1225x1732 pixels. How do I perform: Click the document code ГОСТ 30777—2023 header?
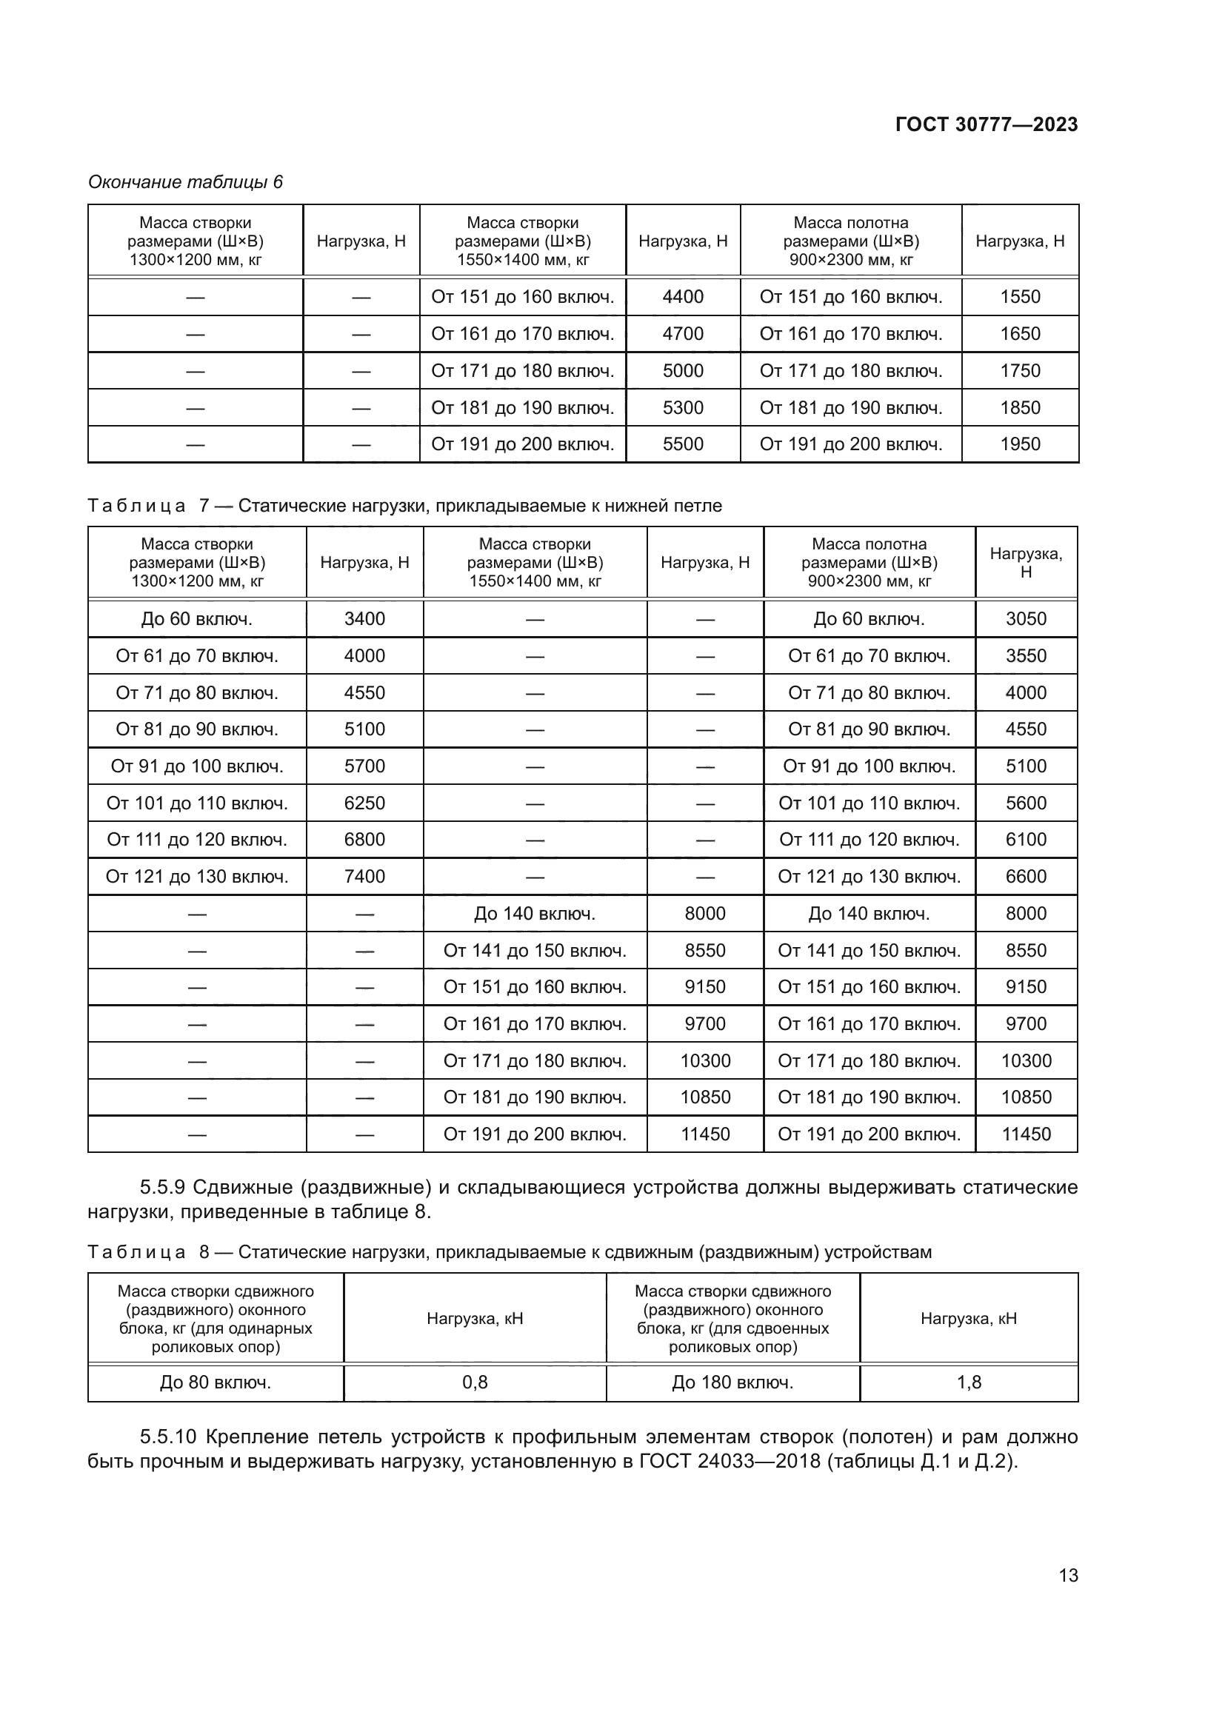tap(986, 124)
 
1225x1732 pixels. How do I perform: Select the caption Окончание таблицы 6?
tap(186, 182)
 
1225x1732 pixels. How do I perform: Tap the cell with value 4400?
tap(683, 296)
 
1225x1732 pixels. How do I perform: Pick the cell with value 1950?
tap(1020, 444)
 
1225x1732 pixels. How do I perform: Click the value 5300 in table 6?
tap(683, 407)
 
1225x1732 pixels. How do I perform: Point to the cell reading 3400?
tap(364, 618)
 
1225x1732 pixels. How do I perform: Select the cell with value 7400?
tap(364, 876)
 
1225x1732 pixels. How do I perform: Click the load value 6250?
tap(364, 803)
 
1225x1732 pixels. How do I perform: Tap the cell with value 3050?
tap(1026, 618)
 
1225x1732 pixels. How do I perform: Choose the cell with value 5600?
tap(1026, 803)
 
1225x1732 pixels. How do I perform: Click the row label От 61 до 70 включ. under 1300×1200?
tap(197, 655)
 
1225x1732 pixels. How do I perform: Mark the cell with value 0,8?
tap(475, 1382)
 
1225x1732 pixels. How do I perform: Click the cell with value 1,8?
tap(969, 1382)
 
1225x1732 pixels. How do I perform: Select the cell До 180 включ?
tap(732, 1382)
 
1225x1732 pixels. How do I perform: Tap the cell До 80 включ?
tap(215, 1382)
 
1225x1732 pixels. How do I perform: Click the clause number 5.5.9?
tap(162, 1187)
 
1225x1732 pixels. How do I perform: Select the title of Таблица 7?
tap(404, 506)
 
